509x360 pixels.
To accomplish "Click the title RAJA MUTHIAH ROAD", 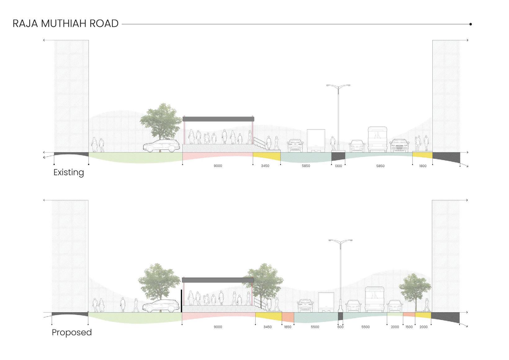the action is click(65, 24).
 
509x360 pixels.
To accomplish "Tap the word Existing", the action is click(69, 172).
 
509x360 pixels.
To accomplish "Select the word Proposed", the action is click(72, 332).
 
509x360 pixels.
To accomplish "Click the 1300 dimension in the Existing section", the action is click(338, 166).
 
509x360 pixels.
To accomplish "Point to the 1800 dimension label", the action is click(422, 166).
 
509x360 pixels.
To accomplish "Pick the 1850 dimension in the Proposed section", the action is click(288, 327).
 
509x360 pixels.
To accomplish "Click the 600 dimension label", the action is click(340, 327).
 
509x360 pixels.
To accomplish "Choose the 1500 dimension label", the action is click(409, 327).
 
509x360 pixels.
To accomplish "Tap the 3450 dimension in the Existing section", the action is click(265, 166).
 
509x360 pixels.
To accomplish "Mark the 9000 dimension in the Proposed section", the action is click(218, 327).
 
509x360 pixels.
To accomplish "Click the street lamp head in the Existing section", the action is click(338, 86).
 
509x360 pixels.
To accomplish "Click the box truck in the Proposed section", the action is click(326, 302).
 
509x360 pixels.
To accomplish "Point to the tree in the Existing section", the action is click(161, 121).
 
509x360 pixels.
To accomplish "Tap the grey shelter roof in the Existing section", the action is click(218, 119).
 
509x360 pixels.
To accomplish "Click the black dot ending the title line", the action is click(471, 24).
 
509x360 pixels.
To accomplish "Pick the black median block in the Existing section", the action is click(338, 156).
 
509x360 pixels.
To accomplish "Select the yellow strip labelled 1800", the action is click(422, 155).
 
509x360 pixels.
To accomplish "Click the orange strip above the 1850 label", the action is click(288, 317).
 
